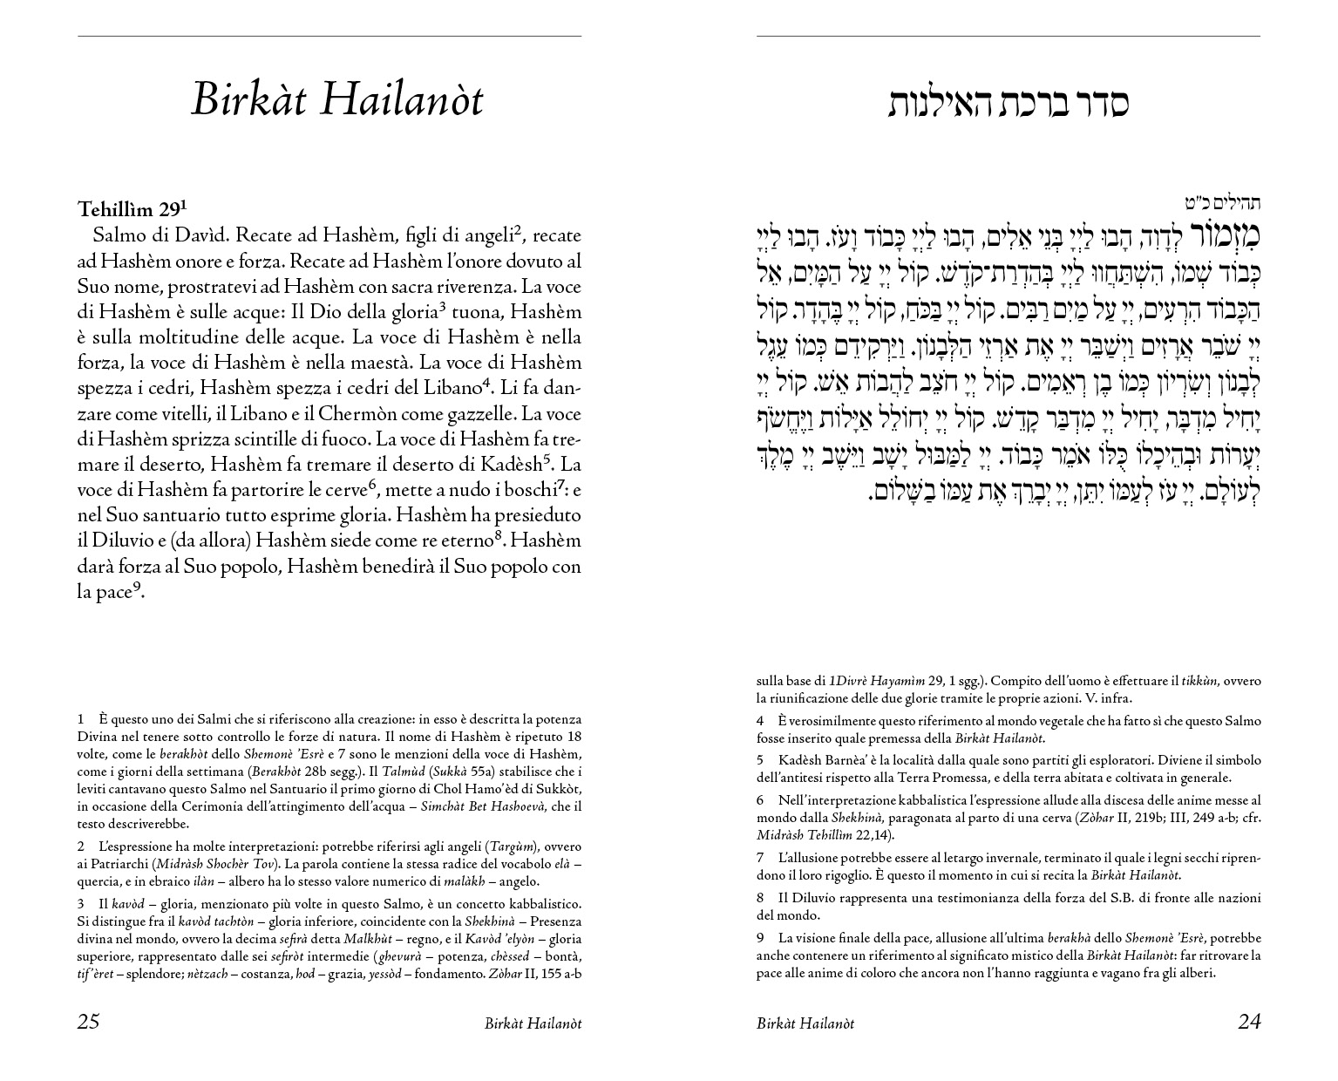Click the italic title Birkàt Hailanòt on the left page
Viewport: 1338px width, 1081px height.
coord(336,100)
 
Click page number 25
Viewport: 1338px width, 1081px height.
coord(89,1022)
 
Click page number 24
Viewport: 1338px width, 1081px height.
coord(1248,1022)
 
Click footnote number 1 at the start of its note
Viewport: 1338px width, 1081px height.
coord(81,719)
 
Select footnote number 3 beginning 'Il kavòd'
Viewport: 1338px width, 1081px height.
coord(81,904)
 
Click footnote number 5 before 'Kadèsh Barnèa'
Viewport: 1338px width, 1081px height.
coord(760,760)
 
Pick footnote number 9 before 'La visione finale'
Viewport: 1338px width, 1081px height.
coord(760,938)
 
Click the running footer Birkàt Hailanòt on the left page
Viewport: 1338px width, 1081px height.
coord(533,1023)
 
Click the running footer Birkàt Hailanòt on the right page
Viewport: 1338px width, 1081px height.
coord(805,1023)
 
